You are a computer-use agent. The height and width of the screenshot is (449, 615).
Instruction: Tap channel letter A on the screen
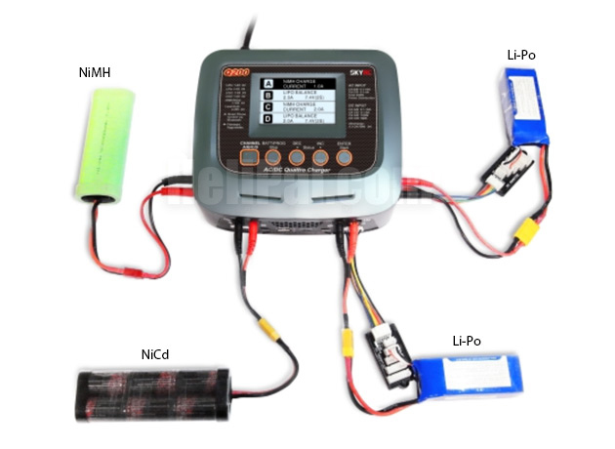(267, 86)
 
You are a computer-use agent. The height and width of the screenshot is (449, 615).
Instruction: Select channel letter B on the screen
(267, 99)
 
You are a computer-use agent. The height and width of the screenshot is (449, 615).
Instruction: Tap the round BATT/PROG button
(277, 156)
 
